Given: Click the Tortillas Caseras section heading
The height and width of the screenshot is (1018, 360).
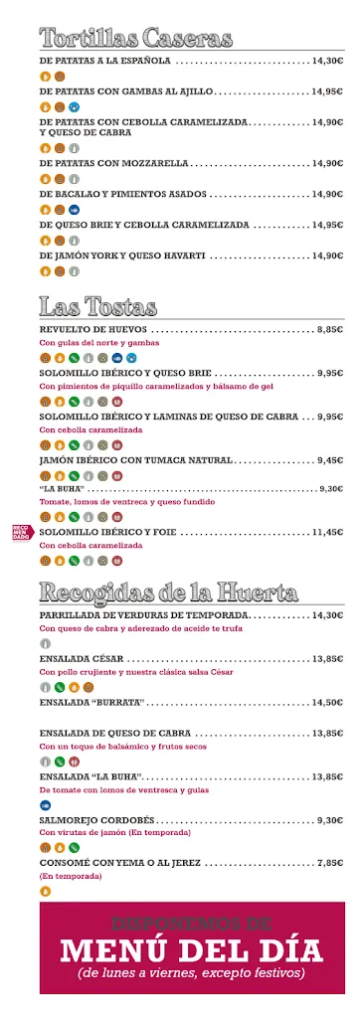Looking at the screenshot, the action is [x=136, y=39].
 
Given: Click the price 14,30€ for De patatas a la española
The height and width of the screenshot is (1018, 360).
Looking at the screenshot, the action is [x=327, y=61].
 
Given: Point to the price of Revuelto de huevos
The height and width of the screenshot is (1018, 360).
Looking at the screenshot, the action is [x=330, y=328].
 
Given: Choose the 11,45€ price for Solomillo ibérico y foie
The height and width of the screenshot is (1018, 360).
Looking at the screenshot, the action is [x=327, y=532].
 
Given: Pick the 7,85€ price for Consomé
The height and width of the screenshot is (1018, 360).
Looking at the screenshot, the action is [x=330, y=863].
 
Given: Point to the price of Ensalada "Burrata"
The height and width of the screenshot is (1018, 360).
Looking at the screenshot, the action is [x=327, y=702].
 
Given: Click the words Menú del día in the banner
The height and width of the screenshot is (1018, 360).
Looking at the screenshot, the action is [x=192, y=950].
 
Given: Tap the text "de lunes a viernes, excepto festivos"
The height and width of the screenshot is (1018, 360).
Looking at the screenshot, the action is [x=192, y=974].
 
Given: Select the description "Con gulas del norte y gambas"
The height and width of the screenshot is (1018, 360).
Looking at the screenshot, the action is [x=92, y=342].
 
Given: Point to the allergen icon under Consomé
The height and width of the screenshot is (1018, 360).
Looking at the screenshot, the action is [x=45, y=891].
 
